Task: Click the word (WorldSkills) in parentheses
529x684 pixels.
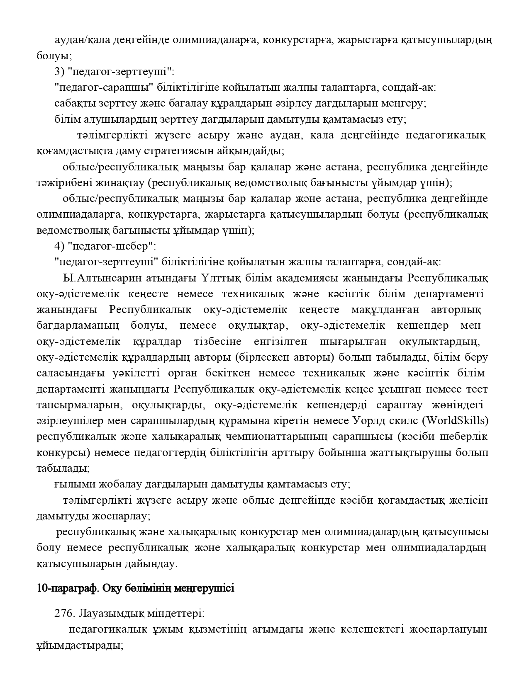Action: (455, 420)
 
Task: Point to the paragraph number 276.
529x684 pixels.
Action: (64, 614)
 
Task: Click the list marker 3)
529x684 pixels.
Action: (59, 71)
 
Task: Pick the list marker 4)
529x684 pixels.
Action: (59, 246)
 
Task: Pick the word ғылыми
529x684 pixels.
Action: (69, 484)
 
